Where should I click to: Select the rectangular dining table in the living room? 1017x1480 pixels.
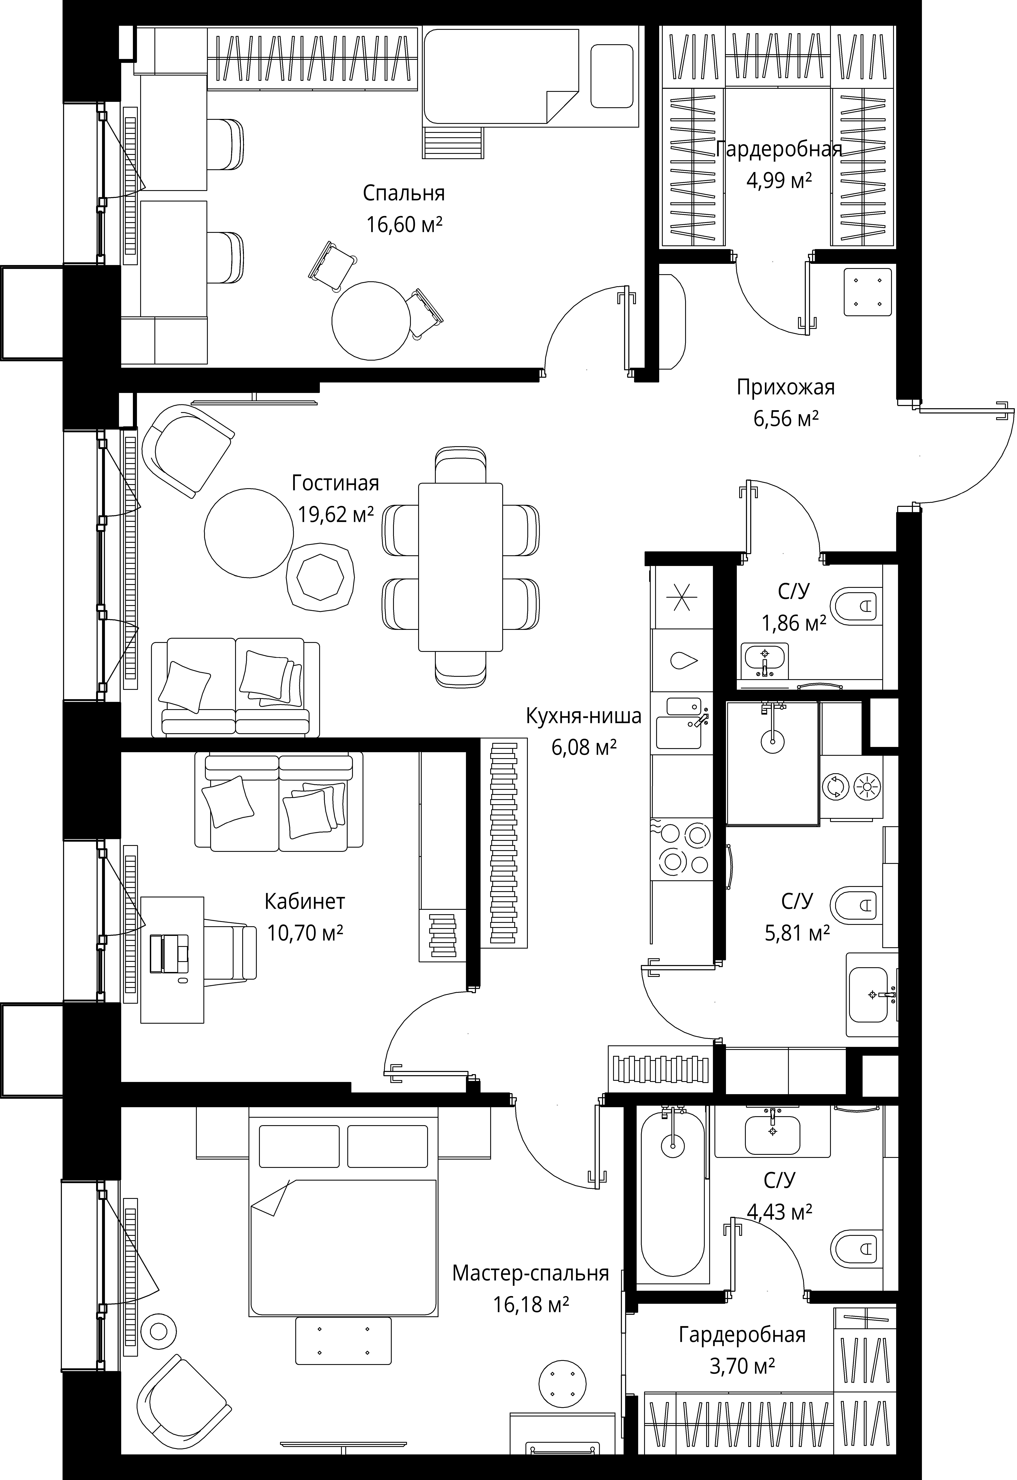(x=460, y=567)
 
